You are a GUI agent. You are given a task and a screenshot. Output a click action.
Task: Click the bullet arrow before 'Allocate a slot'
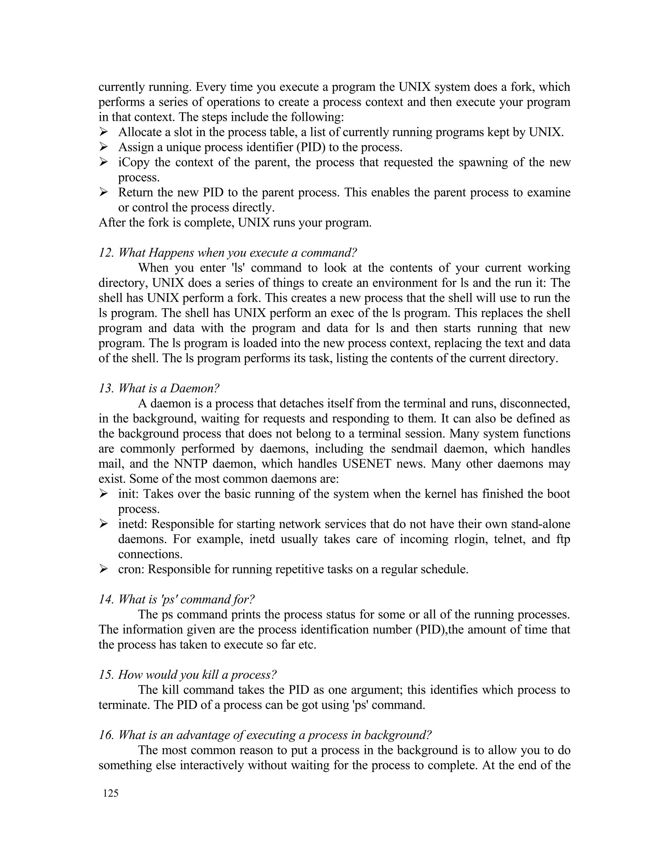pyautogui.click(x=104, y=132)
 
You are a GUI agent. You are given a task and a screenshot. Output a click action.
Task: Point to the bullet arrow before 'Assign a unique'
pyautogui.click(x=104, y=147)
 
